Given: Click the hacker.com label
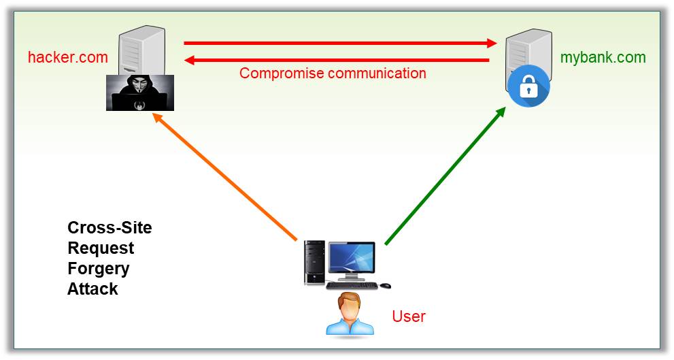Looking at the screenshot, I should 67,57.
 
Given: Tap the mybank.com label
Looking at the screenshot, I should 603,57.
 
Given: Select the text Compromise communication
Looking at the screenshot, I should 333,73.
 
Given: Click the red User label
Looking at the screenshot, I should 408,316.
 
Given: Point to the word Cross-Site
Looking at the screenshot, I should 109,228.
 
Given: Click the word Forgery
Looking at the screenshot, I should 98,269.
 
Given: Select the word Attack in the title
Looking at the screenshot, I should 92,289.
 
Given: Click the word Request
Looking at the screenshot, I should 101,248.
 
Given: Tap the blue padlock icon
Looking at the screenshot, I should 528,88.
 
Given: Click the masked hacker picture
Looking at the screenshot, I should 140,93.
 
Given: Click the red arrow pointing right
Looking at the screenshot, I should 340,44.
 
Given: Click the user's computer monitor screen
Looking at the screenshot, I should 351,259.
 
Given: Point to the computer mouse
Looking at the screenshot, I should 386,285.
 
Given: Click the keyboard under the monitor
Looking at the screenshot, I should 352,285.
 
